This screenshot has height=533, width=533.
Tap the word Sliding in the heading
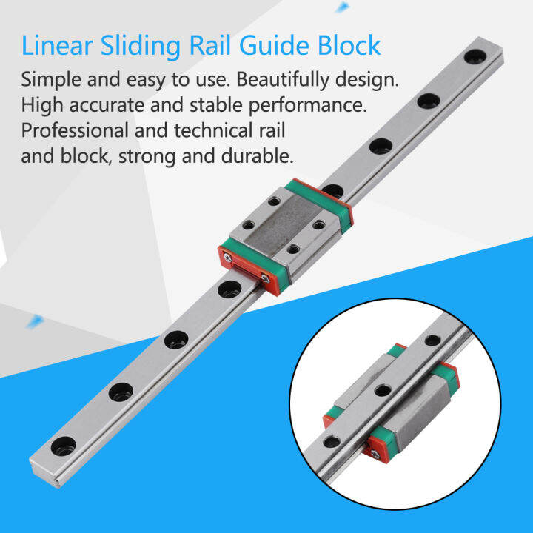coord(138,46)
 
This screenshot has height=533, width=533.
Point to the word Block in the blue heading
coord(349,46)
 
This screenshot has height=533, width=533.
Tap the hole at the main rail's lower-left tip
coord(64,445)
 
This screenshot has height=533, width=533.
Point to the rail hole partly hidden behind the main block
coord(334,191)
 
